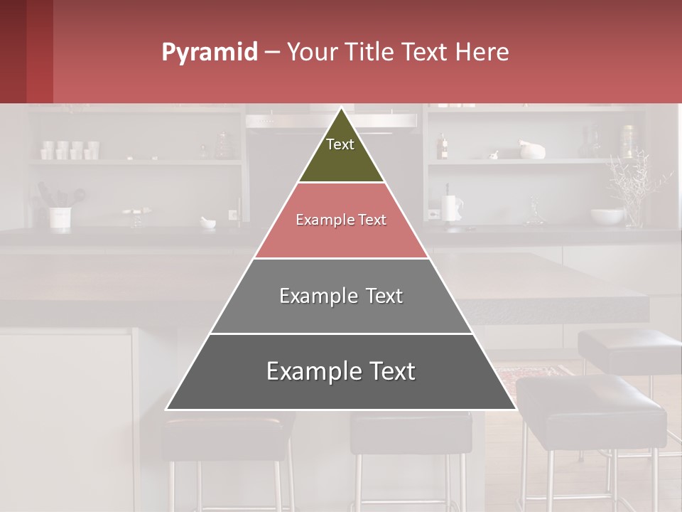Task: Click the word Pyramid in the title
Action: click(x=209, y=53)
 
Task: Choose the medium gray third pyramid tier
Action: click(x=341, y=296)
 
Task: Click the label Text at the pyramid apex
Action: click(x=340, y=144)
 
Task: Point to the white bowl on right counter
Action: click(x=606, y=215)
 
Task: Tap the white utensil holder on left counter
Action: click(x=60, y=217)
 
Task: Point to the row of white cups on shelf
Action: click(x=70, y=149)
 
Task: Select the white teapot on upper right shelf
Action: click(x=532, y=150)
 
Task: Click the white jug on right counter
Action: click(x=452, y=208)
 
